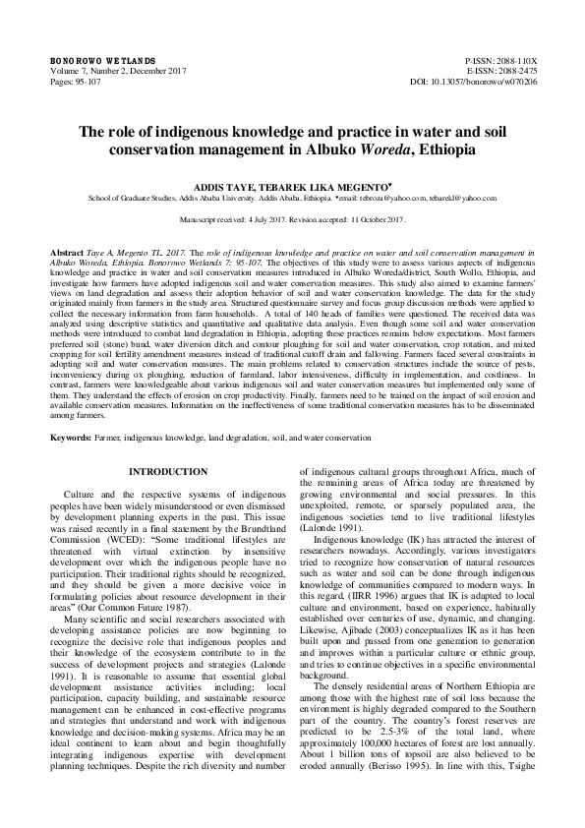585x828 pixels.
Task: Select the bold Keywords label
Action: (73, 436)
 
